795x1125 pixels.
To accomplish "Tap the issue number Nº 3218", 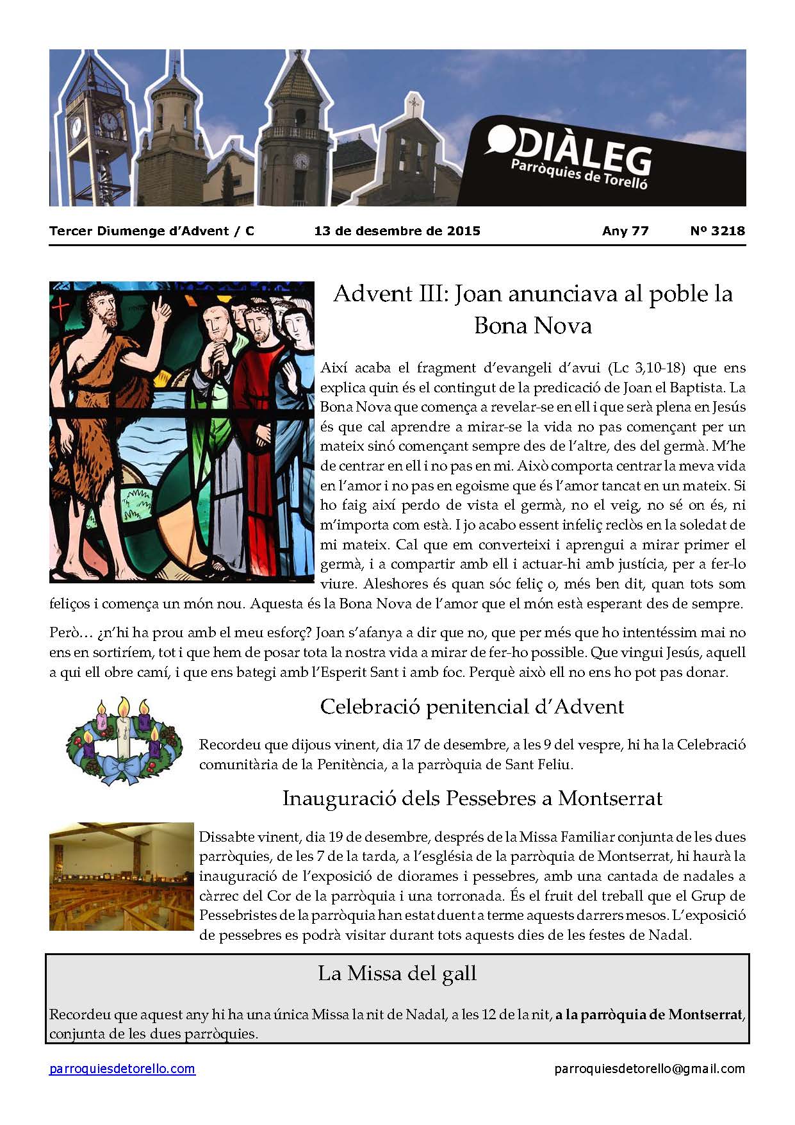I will pyautogui.click(x=717, y=231).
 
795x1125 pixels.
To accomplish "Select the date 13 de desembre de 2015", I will pyautogui.click(x=397, y=231).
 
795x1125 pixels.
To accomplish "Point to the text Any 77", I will pyautogui.click(x=625, y=231).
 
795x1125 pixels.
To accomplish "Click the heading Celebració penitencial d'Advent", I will pyautogui.click(x=471, y=706).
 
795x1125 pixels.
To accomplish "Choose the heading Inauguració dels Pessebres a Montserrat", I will pyautogui.click(x=471, y=798).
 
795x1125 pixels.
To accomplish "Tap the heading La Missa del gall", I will pyautogui.click(x=397, y=973).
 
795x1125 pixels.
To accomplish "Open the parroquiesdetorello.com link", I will pyautogui.click(x=122, y=1069).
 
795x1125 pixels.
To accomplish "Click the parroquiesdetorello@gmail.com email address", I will pyautogui.click(x=650, y=1069).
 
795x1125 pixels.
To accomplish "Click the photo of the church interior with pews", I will pyautogui.click(x=121, y=876).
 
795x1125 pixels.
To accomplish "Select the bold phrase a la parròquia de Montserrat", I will pyautogui.click(x=648, y=1015).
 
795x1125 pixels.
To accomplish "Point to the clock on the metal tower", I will pyautogui.click(x=109, y=121).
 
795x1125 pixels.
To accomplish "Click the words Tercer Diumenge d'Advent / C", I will pyautogui.click(x=152, y=231).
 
